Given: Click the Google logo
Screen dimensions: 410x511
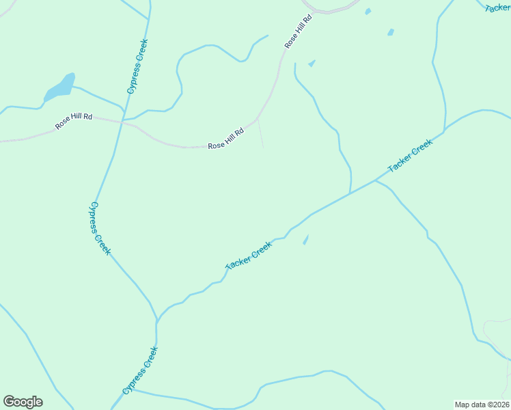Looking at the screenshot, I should point(23,402).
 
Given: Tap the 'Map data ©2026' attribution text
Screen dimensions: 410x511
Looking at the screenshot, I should point(482,405).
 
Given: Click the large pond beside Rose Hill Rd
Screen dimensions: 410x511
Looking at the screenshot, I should point(59,87).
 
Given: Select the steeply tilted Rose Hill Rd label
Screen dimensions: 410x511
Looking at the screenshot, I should point(299,31).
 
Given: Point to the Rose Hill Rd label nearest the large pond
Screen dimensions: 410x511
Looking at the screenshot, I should point(74,122).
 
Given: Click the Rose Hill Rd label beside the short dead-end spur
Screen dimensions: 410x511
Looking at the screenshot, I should point(226,139).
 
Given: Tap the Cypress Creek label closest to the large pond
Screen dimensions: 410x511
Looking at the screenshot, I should point(137,66).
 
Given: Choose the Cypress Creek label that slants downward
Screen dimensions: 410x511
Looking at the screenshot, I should point(100,228).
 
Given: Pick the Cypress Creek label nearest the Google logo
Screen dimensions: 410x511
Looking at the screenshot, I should point(140,370).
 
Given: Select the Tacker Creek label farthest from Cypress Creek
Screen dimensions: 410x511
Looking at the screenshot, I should point(410,156).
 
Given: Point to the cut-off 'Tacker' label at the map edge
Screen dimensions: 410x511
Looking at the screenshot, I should point(497,8).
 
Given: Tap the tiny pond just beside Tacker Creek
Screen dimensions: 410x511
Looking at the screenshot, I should point(305,239).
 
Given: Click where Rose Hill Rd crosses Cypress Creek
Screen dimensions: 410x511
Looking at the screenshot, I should point(122,122).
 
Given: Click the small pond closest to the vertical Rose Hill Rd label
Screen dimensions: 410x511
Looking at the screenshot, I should point(312,64).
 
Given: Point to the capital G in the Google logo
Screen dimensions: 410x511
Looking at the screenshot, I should point(10,401).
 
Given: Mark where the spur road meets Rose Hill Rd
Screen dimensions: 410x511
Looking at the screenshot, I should point(258,119).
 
